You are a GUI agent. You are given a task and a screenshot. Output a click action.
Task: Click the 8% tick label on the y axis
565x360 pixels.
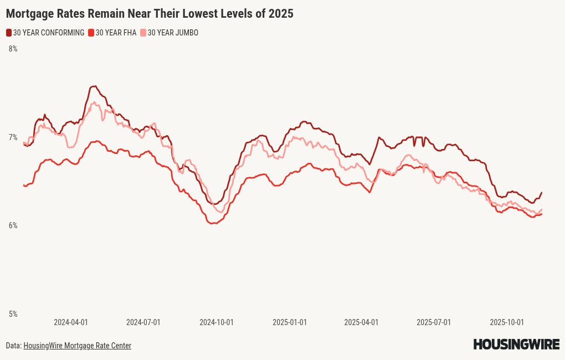[13, 49]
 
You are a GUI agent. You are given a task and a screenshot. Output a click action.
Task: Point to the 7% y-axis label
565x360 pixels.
[13, 137]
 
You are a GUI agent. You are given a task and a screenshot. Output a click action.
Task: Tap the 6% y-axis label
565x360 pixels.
[13, 225]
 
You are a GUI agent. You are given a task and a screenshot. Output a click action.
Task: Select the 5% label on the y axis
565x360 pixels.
[13, 314]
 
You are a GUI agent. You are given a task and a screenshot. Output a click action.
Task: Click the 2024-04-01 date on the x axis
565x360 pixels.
[71, 322]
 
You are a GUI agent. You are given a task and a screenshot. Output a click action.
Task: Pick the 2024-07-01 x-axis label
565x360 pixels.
[143, 322]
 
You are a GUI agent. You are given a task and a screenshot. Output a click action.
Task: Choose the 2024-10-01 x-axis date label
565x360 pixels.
[217, 322]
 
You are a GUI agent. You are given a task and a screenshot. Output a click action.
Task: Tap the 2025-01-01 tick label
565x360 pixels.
[290, 322]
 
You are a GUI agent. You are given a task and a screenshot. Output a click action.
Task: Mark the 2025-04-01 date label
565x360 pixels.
[361, 322]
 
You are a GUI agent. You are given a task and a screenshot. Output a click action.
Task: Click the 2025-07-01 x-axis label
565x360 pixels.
[434, 322]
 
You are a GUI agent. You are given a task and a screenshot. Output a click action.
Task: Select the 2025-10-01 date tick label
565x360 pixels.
[507, 322]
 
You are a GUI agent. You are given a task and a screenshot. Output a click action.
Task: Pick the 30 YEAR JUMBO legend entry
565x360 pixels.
[172, 33]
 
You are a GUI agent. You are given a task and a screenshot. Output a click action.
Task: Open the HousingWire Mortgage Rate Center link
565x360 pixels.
[77, 346]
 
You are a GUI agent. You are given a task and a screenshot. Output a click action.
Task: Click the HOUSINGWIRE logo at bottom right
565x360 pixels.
[516, 344]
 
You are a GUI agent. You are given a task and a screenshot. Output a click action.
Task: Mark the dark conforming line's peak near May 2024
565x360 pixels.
[94, 86]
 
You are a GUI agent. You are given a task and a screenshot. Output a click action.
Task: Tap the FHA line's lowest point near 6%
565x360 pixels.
[213, 223]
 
